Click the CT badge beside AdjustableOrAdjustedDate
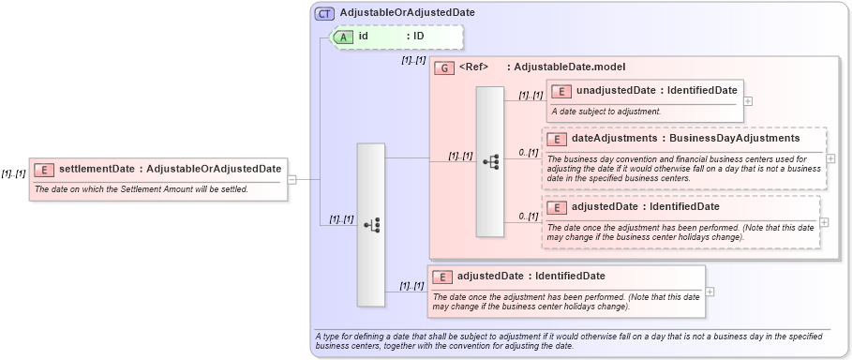pyautogui.click(x=324, y=13)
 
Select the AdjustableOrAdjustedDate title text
pyautogui.click(x=407, y=13)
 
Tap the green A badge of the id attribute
pyautogui.click(x=344, y=37)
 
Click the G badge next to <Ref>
pyautogui.click(x=444, y=67)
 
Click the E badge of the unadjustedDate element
pyautogui.click(x=561, y=91)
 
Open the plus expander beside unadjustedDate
pyautogui.click(x=747, y=100)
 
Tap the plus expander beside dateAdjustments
pyautogui.click(x=831, y=157)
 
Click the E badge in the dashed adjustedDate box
pyautogui.click(x=557, y=206)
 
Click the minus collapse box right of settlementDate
pyautogui.click(x=292, y=179)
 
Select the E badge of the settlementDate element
pyautogui.click(x=43, y=170)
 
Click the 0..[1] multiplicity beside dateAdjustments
pyautogui.click(x=528, y=152)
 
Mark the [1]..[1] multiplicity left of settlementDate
pyautogui.click(x=13, y=173)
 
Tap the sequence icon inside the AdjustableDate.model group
pyautogui.click(x=490, y=161)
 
